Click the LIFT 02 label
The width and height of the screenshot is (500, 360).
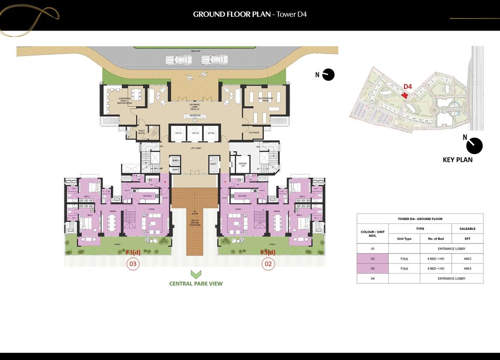click(194, 133)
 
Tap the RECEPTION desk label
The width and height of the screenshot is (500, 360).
click(195, 116)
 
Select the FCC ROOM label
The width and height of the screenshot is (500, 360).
click(254, 133)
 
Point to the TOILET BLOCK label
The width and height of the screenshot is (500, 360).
click(141, 132)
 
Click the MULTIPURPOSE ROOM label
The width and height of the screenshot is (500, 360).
click(264, 99)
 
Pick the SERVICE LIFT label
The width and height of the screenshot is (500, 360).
click(243, 164)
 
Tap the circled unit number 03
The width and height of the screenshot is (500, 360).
click(133, 263)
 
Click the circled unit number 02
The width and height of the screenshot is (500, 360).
click(269, 263)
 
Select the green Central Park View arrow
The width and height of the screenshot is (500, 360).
click(196, 274)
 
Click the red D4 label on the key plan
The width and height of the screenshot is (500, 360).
click(407, 87)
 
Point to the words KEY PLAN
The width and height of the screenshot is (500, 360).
click(457, 160)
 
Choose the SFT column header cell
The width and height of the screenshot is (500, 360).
click(467, 239)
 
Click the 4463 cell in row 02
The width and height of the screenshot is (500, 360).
click(467, 259)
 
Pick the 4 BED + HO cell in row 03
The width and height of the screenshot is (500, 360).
click(436, 269)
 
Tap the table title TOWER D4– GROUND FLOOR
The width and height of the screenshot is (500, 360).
click(420, 219)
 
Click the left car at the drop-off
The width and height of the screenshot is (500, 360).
click(175, 59)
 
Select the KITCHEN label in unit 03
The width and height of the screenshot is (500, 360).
click(147, 196)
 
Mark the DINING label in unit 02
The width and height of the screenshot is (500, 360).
click(276, 211)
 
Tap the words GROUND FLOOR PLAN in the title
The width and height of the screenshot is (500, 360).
click(231, 14)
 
